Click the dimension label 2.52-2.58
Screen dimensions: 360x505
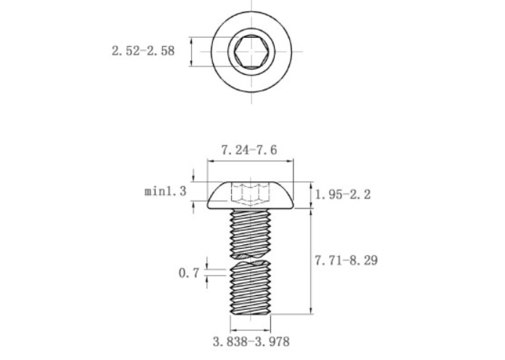(143, 52)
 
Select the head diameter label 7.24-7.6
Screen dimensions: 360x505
(250, 151)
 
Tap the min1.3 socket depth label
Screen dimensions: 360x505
(166, 191)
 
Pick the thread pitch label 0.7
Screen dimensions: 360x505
(187, 273)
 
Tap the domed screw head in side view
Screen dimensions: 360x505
(251, 195)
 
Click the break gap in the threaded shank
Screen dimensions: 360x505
(251, 260)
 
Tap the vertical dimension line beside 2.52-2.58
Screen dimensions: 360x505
(190, 52)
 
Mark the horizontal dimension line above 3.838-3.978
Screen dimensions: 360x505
(251, 327)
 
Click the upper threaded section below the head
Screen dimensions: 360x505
(251, 233)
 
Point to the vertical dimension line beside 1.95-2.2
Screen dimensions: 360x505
(311, 195)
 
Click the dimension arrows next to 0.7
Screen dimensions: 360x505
(208, 273)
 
